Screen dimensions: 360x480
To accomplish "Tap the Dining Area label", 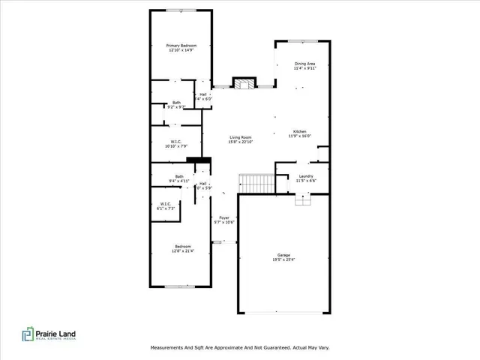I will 305,64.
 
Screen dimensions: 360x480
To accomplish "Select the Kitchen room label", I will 299,131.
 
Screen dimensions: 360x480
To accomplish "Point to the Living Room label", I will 240,137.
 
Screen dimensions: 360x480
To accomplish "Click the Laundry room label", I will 306,176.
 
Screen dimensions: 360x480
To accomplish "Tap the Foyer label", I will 224,217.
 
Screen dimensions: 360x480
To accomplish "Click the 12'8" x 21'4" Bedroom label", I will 183,246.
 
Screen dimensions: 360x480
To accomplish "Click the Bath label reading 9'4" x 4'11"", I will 179,177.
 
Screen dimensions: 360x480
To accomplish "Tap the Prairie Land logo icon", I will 28,334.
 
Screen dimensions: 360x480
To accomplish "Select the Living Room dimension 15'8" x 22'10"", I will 240,142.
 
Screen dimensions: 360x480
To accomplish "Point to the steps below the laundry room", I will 303,198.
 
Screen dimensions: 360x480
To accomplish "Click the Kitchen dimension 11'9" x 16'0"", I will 299,136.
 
